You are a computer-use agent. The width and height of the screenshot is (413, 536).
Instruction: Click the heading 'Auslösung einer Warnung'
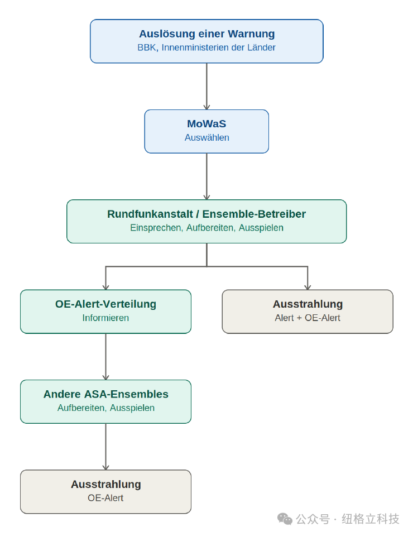[206, 34]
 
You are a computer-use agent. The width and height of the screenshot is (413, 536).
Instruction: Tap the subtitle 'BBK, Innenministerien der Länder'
[206, 47]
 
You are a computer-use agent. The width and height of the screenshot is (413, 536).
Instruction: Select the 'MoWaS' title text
[206, 124]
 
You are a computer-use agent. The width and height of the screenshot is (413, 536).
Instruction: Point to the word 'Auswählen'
[206, 137]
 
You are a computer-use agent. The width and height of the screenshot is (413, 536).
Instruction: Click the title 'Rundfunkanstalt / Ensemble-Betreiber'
[206, 214]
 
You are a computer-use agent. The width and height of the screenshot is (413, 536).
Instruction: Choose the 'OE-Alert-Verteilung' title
[105, 304]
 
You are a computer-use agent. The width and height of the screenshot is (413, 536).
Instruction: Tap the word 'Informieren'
[105, 318]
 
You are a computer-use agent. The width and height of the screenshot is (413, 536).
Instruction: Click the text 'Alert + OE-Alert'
[308, 318]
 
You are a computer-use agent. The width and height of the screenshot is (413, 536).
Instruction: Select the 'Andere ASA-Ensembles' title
[106, 394]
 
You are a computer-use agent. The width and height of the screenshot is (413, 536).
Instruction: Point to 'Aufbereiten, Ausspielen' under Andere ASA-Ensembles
[106, 408]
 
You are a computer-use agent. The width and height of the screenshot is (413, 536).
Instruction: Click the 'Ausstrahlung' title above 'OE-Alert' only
[106, 485]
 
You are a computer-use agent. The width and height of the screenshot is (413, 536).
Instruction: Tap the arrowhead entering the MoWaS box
[206, 107]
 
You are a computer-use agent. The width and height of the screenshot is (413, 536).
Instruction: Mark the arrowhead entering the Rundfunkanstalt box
[206, 197]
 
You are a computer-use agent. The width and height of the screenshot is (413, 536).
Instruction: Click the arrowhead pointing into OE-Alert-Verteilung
[106, 287]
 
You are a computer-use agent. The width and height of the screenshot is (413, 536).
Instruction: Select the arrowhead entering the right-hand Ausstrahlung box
[308, 287]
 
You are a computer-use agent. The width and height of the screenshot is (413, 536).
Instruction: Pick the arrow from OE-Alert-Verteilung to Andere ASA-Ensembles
[106, 357]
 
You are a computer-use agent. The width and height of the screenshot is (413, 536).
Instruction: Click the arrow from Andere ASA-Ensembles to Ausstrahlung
[106, 447]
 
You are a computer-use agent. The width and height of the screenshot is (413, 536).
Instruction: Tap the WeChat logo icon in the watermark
[285, 519]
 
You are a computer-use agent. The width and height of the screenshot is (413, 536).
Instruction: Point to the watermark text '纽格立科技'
[370, 519]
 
